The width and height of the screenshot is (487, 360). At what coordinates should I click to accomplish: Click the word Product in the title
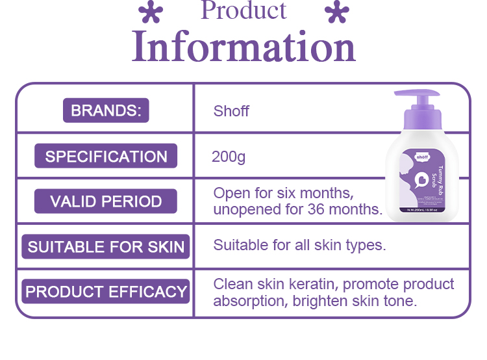tap(243, 11)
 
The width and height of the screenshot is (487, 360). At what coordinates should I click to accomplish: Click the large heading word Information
tap(243, 47)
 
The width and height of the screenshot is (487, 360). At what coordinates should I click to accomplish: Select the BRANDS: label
tap(106, 110)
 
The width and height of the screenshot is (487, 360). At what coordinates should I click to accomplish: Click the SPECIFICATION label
tap(106, 157)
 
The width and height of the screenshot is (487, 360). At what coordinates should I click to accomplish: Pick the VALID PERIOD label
tap(106, 201)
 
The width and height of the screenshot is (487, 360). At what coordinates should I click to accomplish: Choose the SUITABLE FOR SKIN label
tap(106, 247)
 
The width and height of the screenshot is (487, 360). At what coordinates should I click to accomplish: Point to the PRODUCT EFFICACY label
tap(106, 292)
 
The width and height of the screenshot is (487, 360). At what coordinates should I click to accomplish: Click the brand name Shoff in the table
tap(231, 111)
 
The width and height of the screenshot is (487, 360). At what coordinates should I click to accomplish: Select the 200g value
tap(229, 157)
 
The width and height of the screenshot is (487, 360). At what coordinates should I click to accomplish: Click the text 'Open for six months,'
tap(283, 194)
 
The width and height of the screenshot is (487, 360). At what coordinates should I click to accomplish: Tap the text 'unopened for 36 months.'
tap(297, 209)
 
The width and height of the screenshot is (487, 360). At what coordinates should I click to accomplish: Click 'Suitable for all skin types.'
tap(299, 246)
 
